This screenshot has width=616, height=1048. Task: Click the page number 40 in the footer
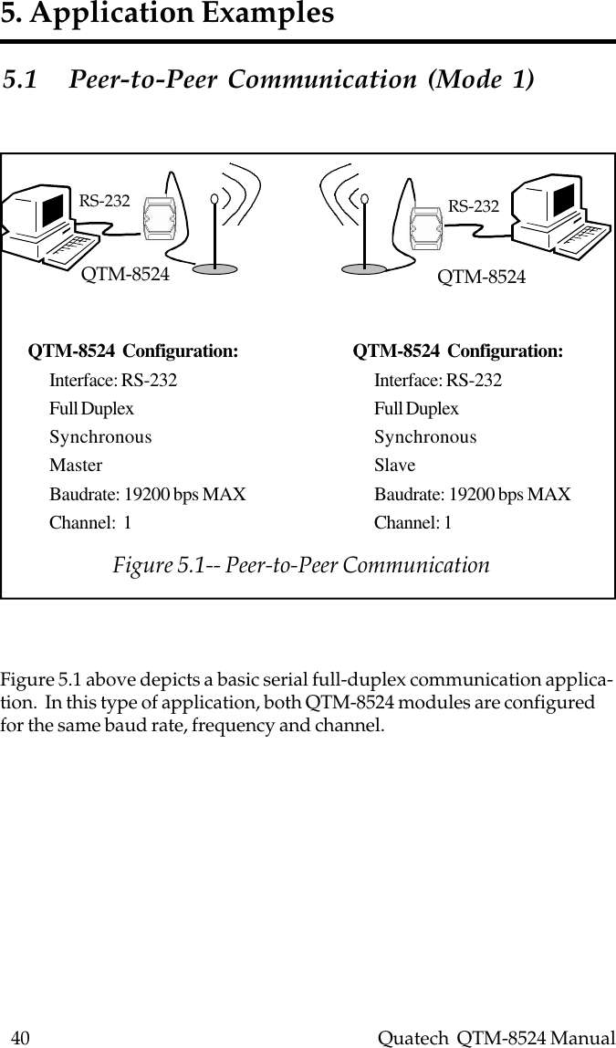19,1037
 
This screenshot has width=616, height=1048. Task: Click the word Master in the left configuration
76,466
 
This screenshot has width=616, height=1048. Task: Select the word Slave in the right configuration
394,466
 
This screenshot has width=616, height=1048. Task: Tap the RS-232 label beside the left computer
104,201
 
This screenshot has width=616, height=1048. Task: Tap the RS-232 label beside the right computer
473,207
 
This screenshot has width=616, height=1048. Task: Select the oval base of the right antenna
370,267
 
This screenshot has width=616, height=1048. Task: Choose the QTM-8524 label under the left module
126,273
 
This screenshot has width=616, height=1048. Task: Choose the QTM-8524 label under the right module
482,277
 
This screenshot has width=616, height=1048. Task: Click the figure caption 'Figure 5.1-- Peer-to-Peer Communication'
301,565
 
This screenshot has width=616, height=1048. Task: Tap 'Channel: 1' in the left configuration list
89,523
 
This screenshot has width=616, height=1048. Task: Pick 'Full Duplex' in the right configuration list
416,409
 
